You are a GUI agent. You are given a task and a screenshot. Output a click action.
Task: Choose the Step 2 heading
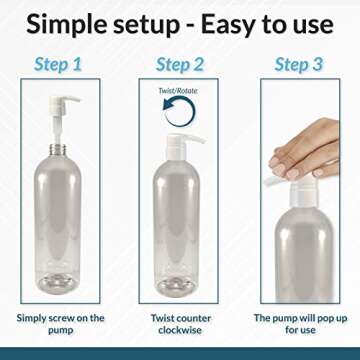click(x=180, y=65)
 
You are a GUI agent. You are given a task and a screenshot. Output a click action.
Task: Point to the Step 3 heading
click(x=299, y=65)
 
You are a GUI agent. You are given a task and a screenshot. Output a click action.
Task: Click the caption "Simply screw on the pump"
click(x=60, y=324)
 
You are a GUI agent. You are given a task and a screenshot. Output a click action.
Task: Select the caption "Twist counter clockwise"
click(x=181, y=324)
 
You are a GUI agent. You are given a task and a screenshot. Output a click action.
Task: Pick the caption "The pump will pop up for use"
click(x=299, y=324)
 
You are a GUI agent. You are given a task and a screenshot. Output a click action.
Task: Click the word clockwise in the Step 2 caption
click(x=181, y=331)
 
